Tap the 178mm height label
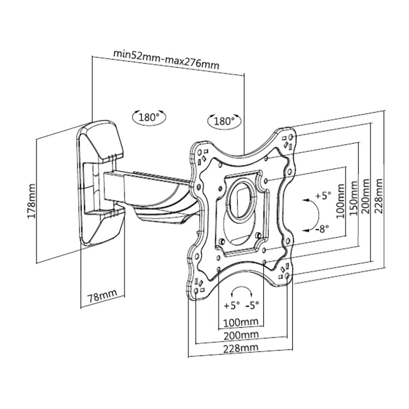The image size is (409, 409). point(31,200)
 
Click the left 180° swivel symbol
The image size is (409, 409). point(149,117)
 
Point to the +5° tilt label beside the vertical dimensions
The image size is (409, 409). point(323,196)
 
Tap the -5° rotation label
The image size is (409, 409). point(252,305)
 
